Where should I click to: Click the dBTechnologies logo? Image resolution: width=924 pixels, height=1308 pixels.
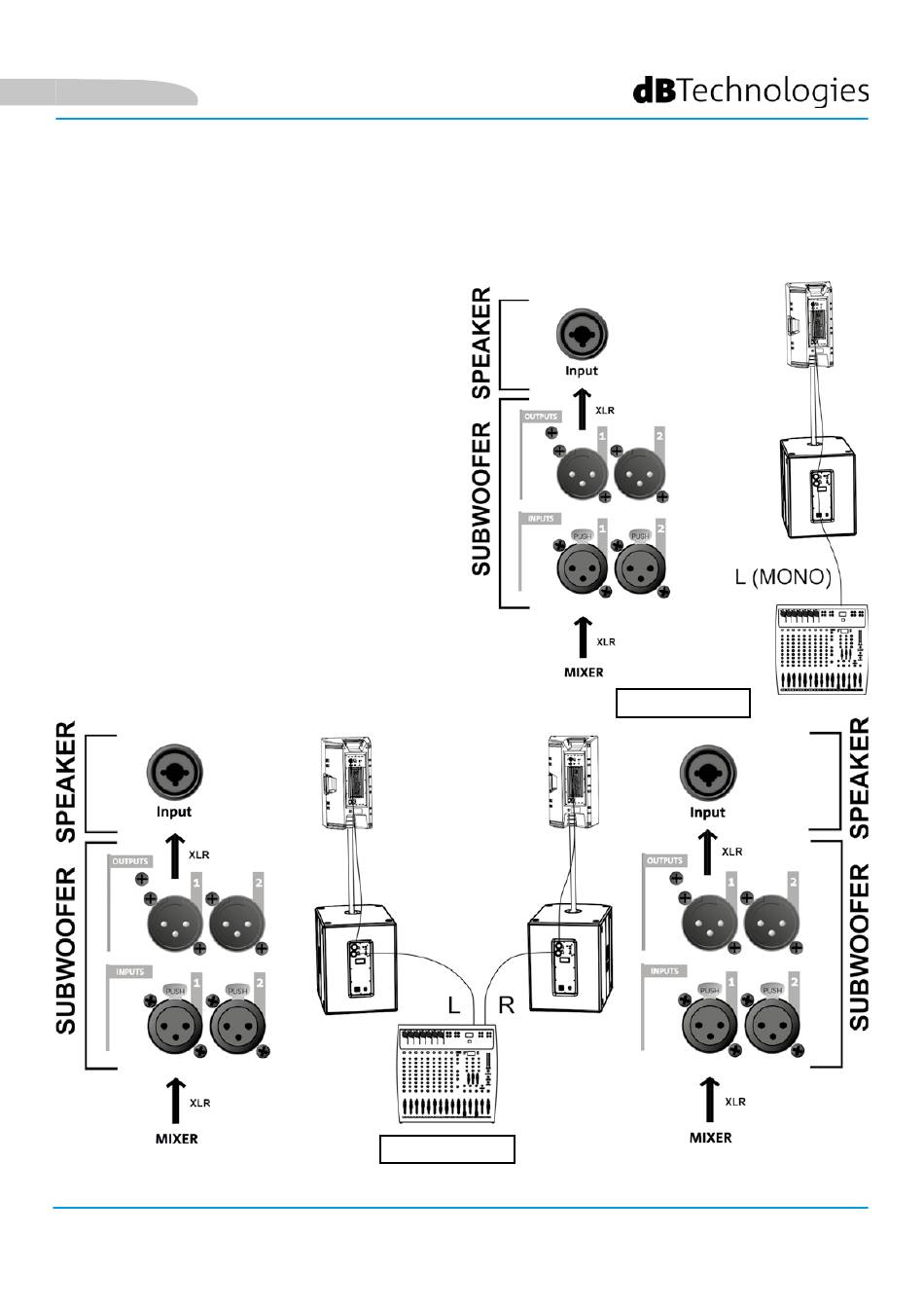(751, 91)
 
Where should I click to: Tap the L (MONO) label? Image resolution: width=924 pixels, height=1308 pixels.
(783, 577)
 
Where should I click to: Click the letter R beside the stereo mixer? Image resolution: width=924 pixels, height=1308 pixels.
(507, 1006)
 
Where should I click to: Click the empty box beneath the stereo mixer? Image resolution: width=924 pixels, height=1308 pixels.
(446, 1148)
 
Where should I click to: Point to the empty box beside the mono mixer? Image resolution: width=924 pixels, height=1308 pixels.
(683, 702)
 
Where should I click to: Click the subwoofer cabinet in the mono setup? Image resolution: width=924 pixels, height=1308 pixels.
(819, 487)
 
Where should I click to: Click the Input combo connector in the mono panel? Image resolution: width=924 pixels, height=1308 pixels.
(582, 336)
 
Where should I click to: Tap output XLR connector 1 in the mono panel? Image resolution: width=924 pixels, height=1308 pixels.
(582, 474)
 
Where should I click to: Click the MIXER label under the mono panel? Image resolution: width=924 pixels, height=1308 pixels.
(584, 672)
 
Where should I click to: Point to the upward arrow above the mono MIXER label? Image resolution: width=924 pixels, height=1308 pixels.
(583, 636)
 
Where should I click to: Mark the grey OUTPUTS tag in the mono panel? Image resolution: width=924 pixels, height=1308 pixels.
(541, 417)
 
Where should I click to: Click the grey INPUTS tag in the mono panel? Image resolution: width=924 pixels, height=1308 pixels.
(541, 519)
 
